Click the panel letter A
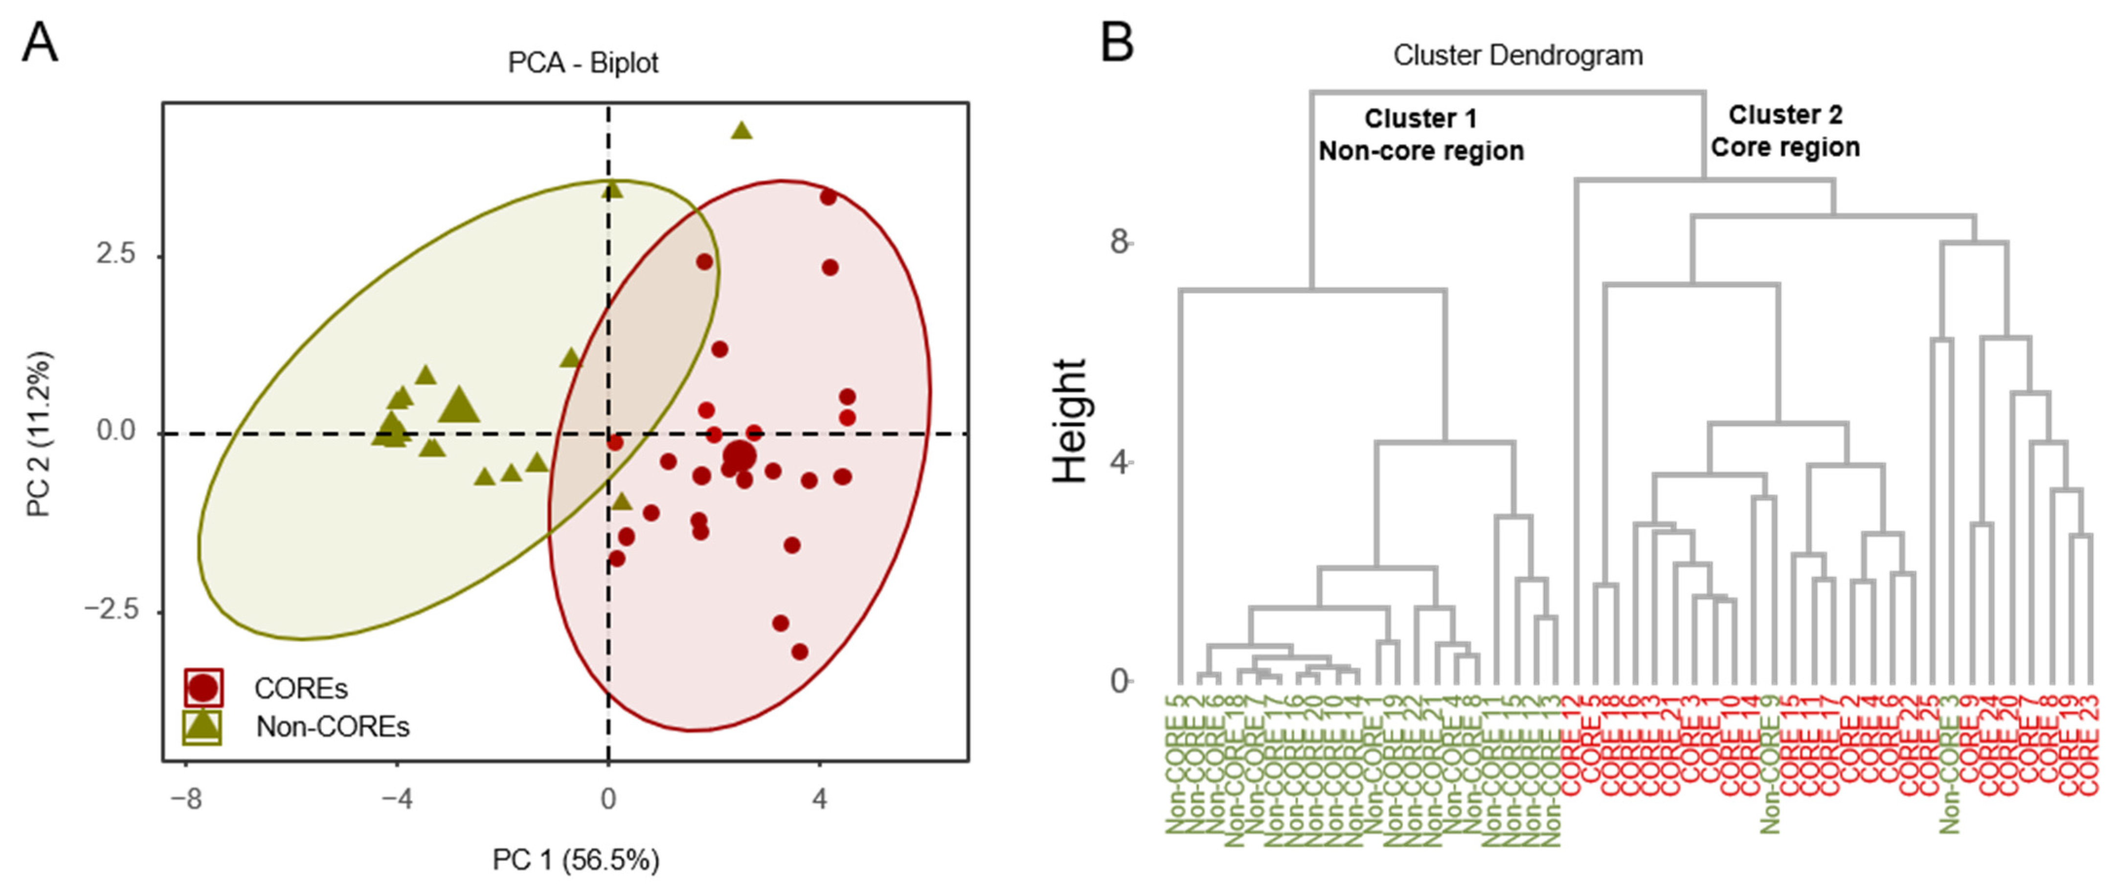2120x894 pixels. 40,43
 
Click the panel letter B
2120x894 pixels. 1117,43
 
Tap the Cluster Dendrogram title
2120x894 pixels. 1517,56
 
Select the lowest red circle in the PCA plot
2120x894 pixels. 799,652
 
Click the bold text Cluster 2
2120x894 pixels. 1785,115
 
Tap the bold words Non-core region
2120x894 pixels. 1421,152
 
